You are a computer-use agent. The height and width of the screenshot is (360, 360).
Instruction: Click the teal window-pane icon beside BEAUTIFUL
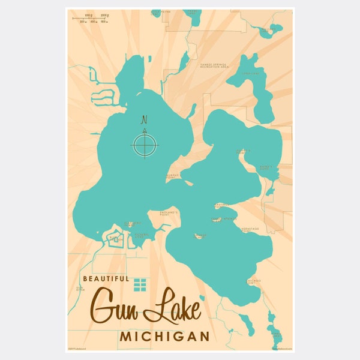pos(140,284)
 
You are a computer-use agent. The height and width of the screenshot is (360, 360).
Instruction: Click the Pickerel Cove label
pos(139,235)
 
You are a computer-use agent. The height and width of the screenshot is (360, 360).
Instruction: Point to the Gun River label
pos(80,289)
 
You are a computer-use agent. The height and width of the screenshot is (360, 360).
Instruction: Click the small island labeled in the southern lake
pos(199,236)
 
